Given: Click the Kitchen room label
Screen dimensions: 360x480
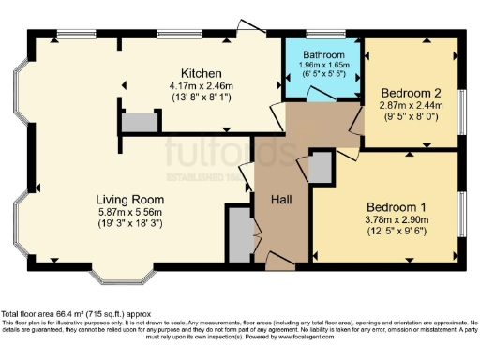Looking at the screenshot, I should tap(202, 72).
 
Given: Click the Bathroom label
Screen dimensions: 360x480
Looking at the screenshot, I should tap(323, 54).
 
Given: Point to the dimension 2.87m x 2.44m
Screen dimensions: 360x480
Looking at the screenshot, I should tap(410, 107).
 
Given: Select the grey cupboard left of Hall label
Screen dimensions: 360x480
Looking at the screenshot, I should tap(239, 235).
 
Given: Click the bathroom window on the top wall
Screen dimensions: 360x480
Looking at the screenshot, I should tap(322, 37).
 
